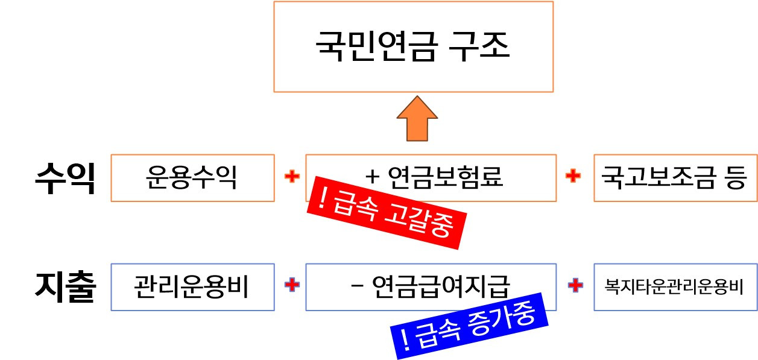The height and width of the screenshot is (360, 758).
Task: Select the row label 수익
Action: point(65,178)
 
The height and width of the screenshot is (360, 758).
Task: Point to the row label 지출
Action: point(65,288)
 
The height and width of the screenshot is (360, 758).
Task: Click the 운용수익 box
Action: point(192,178)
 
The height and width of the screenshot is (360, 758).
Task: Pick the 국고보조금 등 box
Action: point(675,178)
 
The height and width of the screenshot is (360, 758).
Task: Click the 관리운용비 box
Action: point(192,287)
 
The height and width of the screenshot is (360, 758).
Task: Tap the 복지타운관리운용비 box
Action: point(675,287)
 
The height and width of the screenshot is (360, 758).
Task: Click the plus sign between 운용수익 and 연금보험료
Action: point(292,177)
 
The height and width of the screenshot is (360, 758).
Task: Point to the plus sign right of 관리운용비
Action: point(292,285)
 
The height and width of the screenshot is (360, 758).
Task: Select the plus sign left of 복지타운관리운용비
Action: point(575,285)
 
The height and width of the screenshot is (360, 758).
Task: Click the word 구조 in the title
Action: point(481,46)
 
